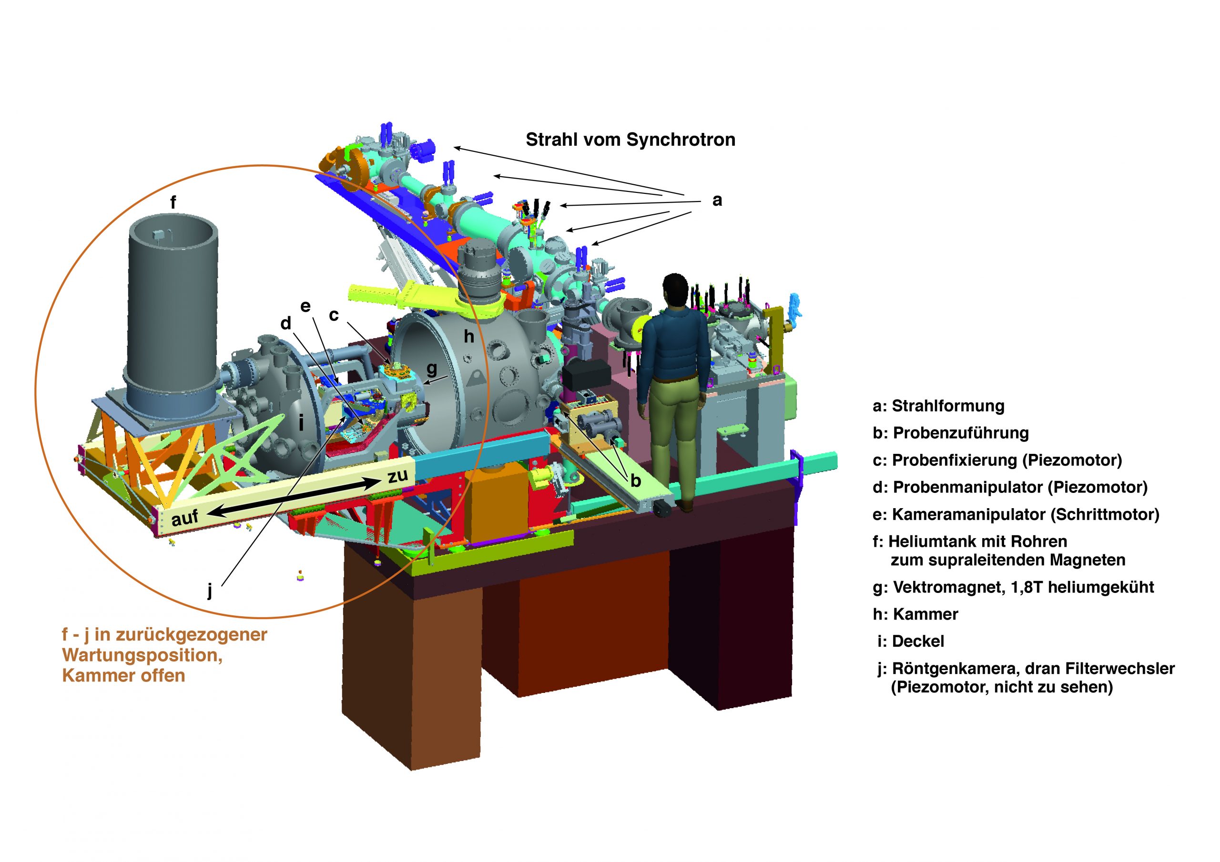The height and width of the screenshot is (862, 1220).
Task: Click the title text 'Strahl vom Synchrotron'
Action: [630, 140]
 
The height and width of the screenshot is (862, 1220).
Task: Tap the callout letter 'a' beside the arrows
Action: [717, 201]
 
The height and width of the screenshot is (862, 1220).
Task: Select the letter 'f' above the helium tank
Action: [173, 202]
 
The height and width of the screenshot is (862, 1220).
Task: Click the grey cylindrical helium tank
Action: [173, 308]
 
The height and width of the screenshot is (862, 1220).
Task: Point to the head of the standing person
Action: [675, 290]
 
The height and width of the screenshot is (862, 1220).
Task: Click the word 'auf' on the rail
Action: [184, 517]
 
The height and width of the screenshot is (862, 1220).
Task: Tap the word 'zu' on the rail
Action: [397, 475]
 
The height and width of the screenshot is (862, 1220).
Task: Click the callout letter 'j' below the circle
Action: [210, 590]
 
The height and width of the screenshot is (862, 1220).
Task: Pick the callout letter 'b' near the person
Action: [636, 481]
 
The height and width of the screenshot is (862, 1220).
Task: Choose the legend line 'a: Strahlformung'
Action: [938, 406]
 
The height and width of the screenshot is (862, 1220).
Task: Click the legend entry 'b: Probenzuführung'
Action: [951, 433]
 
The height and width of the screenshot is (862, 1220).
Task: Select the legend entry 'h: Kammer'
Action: [915, 614]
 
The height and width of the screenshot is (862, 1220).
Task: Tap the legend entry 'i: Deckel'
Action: [911, 641]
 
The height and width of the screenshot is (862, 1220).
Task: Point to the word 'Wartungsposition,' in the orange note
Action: [142, 655]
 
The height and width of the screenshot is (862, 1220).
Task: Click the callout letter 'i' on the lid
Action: [301, 423]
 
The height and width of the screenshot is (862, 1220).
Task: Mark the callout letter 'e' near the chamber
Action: [305, 306]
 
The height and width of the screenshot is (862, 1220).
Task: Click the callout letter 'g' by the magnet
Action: [431, 368]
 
